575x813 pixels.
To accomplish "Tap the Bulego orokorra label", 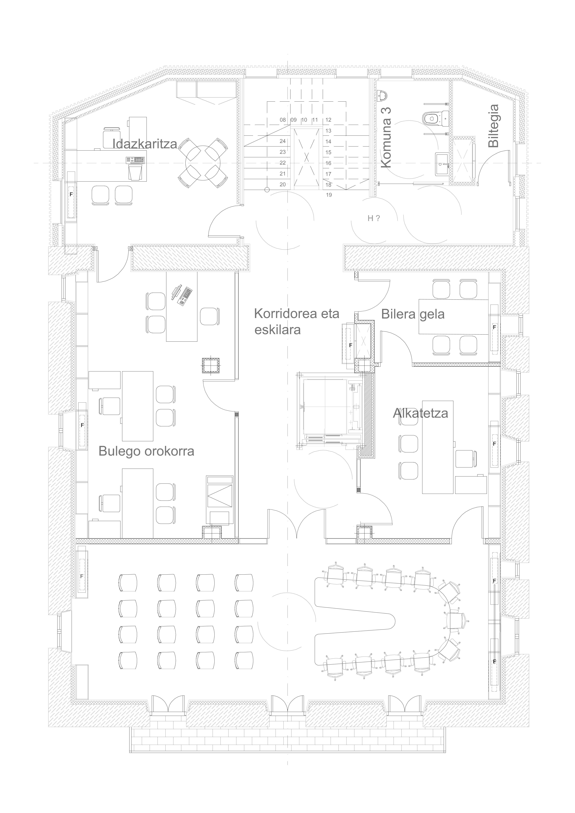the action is [x=146, y=451].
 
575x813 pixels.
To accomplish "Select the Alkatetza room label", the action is [x=421, y=413].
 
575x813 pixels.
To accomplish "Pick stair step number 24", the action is [x=283, y=141].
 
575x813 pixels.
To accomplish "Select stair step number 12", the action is [x=328, y=120].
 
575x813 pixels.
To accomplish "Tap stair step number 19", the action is [x=329, y=195].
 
